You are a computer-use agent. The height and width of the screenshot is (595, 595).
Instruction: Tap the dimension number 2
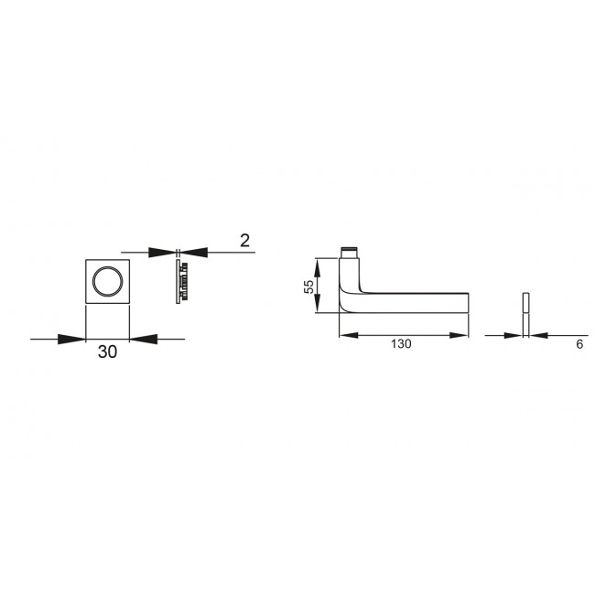coord(244,241)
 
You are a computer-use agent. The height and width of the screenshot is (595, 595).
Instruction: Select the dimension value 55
coord(308,287)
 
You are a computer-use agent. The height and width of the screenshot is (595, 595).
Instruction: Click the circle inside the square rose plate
coord(107,282)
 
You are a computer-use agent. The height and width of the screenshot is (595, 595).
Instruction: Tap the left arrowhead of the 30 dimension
coord(73,340)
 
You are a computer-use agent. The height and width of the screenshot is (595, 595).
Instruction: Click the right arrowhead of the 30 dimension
coord(141,340)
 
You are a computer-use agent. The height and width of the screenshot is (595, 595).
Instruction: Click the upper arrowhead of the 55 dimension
coord(318,265)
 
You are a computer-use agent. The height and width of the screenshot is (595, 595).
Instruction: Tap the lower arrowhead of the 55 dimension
coord(318,307)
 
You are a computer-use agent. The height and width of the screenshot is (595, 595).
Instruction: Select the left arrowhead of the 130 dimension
coord(348,334)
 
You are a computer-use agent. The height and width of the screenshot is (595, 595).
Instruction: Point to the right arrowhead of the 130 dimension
coord(460,334)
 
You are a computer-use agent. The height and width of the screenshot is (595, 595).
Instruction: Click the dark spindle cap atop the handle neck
coord(349,253)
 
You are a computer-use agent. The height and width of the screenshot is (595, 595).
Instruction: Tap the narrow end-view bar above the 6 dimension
coord(526,303)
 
